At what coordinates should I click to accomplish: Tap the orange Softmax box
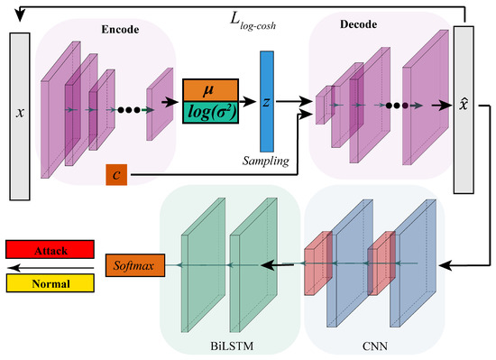click(x=132, y=265)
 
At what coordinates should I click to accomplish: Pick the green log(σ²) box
click(x=210, y=112)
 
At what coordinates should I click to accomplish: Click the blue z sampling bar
click(x=266, y=100)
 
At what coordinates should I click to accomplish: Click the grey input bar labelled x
click(x=21, y=115)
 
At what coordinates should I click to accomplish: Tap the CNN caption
click(x=371, y=346)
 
